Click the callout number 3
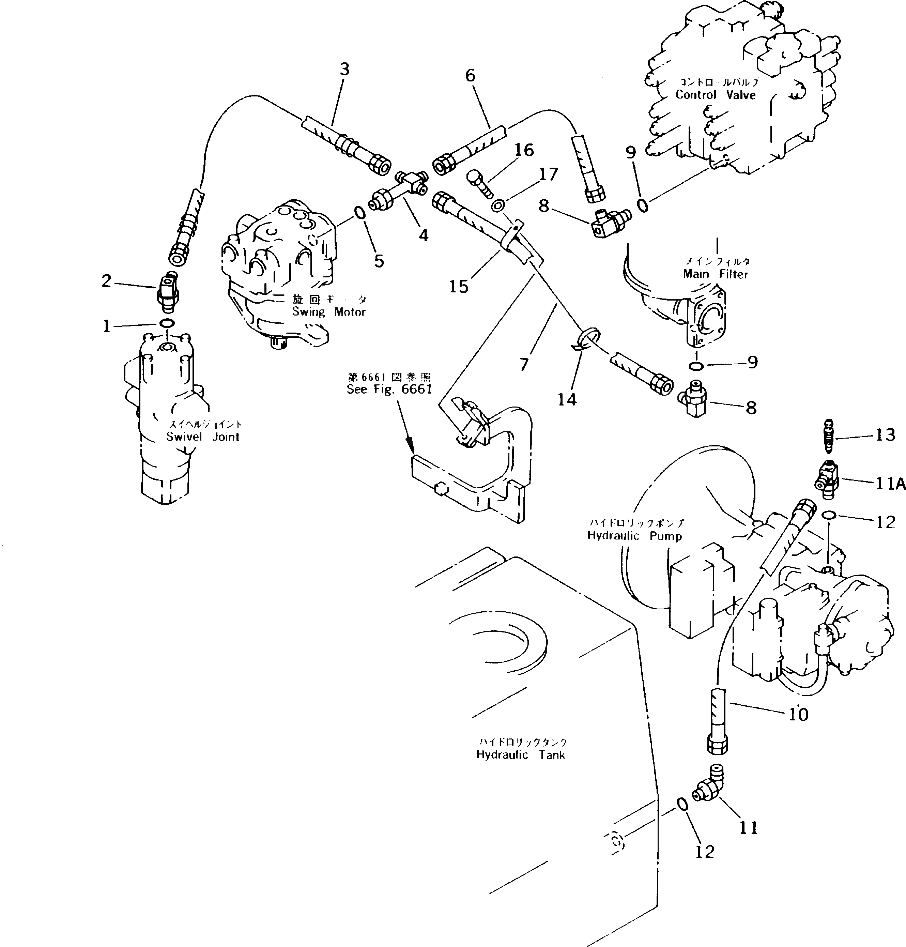pyautogui.click(x=344, y=70)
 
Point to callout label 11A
pyautogui.click(x=890, y=484)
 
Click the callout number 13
pyautogui.click(x=885, y=435)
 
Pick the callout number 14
pyautogui.click(x=567, y=399)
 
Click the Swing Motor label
pyautogui.click(x=328, y=311)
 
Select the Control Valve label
pyautogui.click(x=715, y=95)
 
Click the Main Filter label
pyautogui.click(x=715, y=274)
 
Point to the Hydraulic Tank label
pyautogui.click(x=520, y=755)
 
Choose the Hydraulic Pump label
pyautogui.click(x=634, y=536)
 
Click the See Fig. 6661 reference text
pyautogui.click(x=389, y=389)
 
